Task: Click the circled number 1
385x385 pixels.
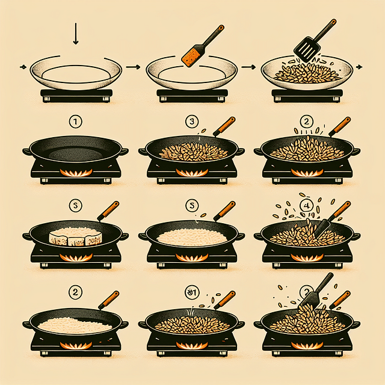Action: [x=75, y=123]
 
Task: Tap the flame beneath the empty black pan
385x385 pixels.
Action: [x=76, y=173]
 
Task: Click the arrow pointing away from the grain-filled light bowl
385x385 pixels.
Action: [x=360, y=67]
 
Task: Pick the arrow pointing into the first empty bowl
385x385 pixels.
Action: [x=23, y=67]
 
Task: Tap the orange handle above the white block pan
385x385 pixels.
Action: [x=108, y=211]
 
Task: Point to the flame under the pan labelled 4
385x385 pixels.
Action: [x=307, y=257]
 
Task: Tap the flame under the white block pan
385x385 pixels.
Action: [x=76, y=257]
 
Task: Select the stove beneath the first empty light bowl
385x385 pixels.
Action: [x=75, y=94]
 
